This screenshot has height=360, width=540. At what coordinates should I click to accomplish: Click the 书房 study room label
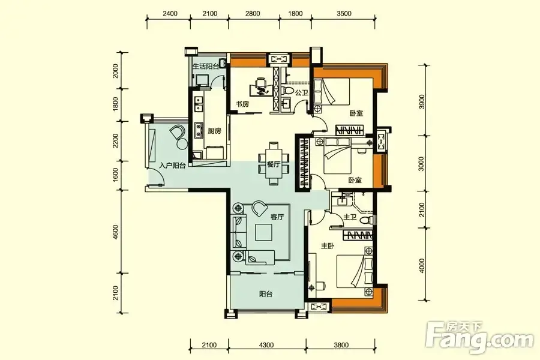[x=242, y=104]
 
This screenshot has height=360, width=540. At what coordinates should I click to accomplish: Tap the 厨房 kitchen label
[x=214, y=131]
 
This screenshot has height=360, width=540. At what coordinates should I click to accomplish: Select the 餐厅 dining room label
[x=273, y=164]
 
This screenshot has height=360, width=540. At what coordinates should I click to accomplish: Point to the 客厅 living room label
[x=277, y=217]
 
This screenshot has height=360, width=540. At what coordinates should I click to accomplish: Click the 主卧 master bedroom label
[x=328, y=246]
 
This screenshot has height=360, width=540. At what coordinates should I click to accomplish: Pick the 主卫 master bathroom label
[x=350, y=217]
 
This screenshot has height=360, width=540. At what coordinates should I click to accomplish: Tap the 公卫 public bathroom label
[x=301, y=92]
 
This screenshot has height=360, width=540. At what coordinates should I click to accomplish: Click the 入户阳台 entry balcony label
[x=173, y=166]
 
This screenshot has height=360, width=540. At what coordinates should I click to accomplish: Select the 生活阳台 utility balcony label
[x=205, y=67]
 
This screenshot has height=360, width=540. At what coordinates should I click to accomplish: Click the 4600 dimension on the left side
[x=115, y=232]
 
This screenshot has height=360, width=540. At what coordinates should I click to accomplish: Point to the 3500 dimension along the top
[x=344, y=13]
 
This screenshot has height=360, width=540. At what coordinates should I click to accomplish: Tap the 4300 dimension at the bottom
[x=266, y=345]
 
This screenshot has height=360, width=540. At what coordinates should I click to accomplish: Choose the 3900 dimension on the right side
[x=422, y=101]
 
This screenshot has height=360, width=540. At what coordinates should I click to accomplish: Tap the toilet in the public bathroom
[x=286, y=90]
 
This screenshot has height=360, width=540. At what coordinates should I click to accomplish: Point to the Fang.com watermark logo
[x=479, y=335]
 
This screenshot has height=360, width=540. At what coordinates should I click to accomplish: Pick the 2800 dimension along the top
[x=253, y=13]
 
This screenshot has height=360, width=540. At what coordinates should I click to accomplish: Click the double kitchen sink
[x=199, y=104]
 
